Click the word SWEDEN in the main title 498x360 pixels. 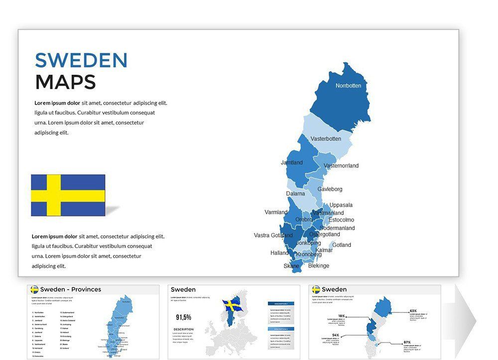(81, 60)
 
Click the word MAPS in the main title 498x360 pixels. (65, 82)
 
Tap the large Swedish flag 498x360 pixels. (68, 195)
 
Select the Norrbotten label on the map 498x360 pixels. (348, 86)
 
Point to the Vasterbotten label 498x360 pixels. (326, 139)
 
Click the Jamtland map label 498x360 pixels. (291, 163)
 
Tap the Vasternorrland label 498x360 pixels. (341, 166)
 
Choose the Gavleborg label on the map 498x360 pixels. (330, 189)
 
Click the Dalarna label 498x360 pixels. (295, 194)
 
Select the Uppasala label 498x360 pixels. (341, 205)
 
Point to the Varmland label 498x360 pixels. (276, 213)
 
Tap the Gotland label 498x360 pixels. (342, 245)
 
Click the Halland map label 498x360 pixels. (279, 253)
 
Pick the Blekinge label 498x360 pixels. (319, 266)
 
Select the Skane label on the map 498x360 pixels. (292, 266)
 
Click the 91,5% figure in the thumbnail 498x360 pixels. (183, 317)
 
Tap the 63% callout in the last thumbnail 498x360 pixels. (413, 311)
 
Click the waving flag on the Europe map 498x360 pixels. (232, 305)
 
